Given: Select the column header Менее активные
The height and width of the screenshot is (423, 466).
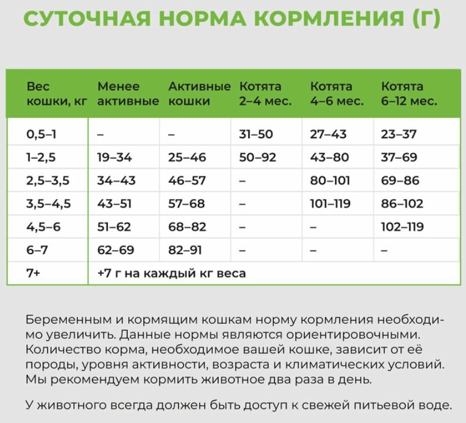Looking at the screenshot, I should pos(128,93).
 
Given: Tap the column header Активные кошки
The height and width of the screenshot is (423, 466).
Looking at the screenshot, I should pos(199,93).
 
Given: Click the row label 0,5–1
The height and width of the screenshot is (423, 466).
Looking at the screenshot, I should pos(41,134).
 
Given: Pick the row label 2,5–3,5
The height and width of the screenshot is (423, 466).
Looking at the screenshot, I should pos(48,180).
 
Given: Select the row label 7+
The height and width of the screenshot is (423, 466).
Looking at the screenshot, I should pos(33,273).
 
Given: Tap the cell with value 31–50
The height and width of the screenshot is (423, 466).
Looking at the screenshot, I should pos(256,134).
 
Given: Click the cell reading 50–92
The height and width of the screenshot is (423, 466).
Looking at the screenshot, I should pos(258,157).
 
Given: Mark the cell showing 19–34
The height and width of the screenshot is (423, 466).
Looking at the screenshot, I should pos(114,157).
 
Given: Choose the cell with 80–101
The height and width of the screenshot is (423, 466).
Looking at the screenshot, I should pos(330,180).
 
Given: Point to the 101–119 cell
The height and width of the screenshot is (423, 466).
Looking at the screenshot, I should pos(331,204).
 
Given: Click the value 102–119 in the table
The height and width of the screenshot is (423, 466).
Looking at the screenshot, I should pos(402,227).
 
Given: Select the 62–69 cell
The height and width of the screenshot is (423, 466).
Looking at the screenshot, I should pos(115,250).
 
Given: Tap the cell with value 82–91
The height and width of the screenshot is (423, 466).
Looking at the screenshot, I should pos(185,250).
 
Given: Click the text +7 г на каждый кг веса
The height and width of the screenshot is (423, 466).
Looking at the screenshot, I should pos(171,273).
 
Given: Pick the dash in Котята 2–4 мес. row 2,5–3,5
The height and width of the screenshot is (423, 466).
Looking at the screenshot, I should pos(243,181).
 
